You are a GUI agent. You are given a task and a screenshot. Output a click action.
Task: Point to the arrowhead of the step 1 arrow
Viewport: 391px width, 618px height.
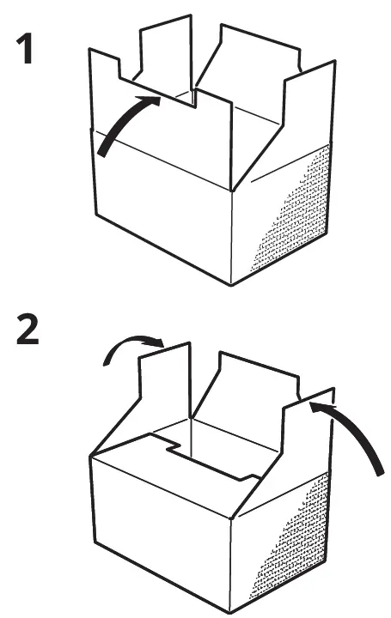point(155,100)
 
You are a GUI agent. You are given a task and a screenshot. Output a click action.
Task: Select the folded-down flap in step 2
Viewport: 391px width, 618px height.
point(172,468)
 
